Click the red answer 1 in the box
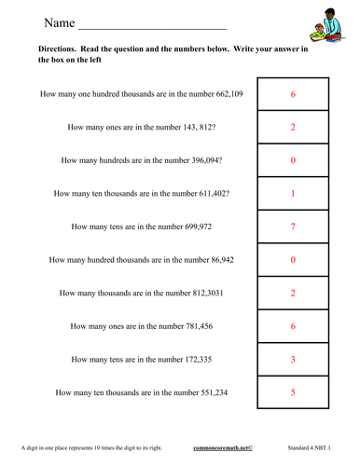tap(294, 194)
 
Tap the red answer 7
tap(294, 226)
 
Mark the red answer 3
tap(294, 359)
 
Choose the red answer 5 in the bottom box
tap(294, 392)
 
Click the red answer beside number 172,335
tap(294, 359)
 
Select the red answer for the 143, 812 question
tap(294, 128)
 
